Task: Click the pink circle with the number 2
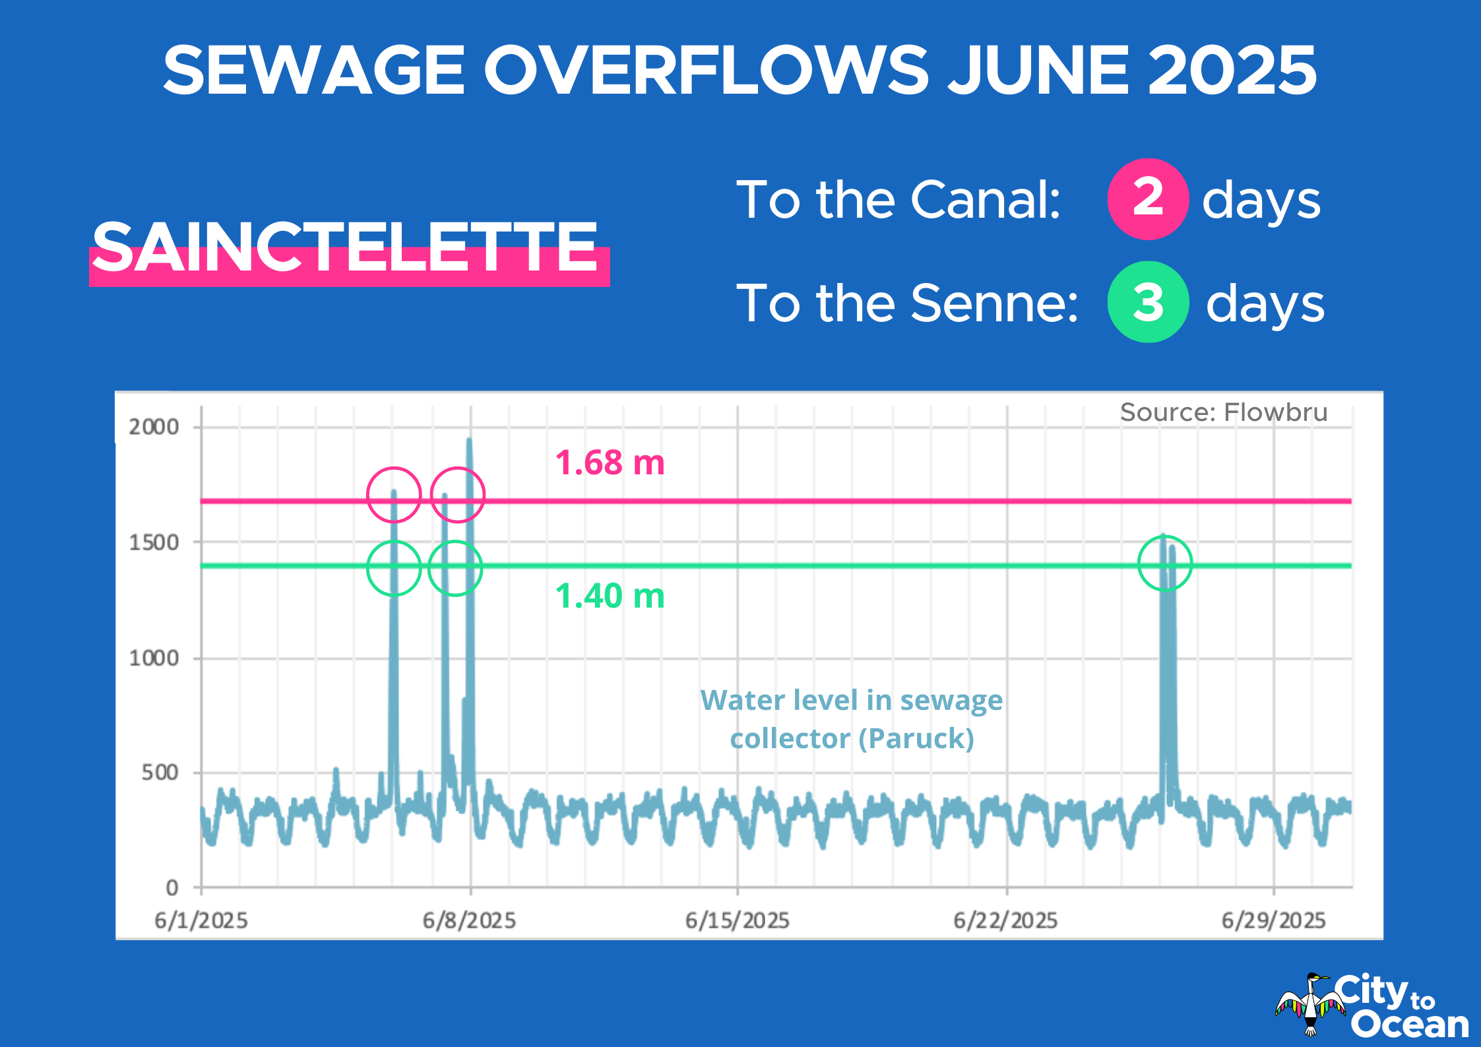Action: (x=1148, y=199)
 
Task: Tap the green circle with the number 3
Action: (x=1148, y=302)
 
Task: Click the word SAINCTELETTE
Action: (x=345, y=247)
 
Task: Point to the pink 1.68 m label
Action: (x=610, y=462)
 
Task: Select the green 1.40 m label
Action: (x=610, y=596)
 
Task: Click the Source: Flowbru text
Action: (x=1223, y=412)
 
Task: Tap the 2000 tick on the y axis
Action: (x=154, y=427)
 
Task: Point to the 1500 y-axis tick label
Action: (x=154, y=542)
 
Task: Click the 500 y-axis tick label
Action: (x=160, y=772)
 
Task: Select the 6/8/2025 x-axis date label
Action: (x=469, y=920)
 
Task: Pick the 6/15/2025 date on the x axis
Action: (x=737, y=920)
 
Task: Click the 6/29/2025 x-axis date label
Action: (x=1273, y=920)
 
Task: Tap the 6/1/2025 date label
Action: (x=201, y=920)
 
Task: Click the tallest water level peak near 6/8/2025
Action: (x=469, y=441)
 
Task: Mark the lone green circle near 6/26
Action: (x=1165, y=563)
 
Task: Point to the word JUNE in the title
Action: (x=1038, y=70)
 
